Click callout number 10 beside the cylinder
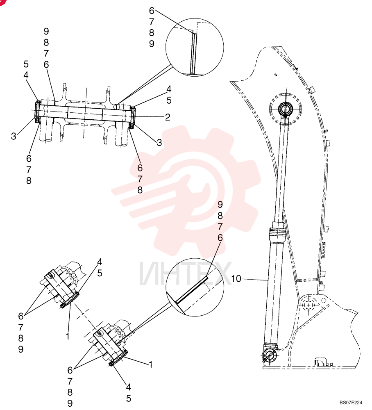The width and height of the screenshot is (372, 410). coord(236,279)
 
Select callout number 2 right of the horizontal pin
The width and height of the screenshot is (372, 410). coord(168,117)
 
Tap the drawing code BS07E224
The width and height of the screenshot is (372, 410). coord(351,402)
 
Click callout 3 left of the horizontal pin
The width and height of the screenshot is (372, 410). coord(14,136)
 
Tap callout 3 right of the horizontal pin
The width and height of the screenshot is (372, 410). coord(159,143)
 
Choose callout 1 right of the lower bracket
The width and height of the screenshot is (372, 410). coord(150,364)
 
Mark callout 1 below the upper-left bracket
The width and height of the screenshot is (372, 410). coord(68,336)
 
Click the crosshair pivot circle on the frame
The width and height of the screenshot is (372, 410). coord(308,305)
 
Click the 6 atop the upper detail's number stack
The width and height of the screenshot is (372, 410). coord(152,11)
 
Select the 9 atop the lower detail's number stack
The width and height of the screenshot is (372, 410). coord(220,205)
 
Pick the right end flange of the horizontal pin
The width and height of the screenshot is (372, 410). coord(132,117)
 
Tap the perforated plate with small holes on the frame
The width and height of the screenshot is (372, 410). coord(323,250)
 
